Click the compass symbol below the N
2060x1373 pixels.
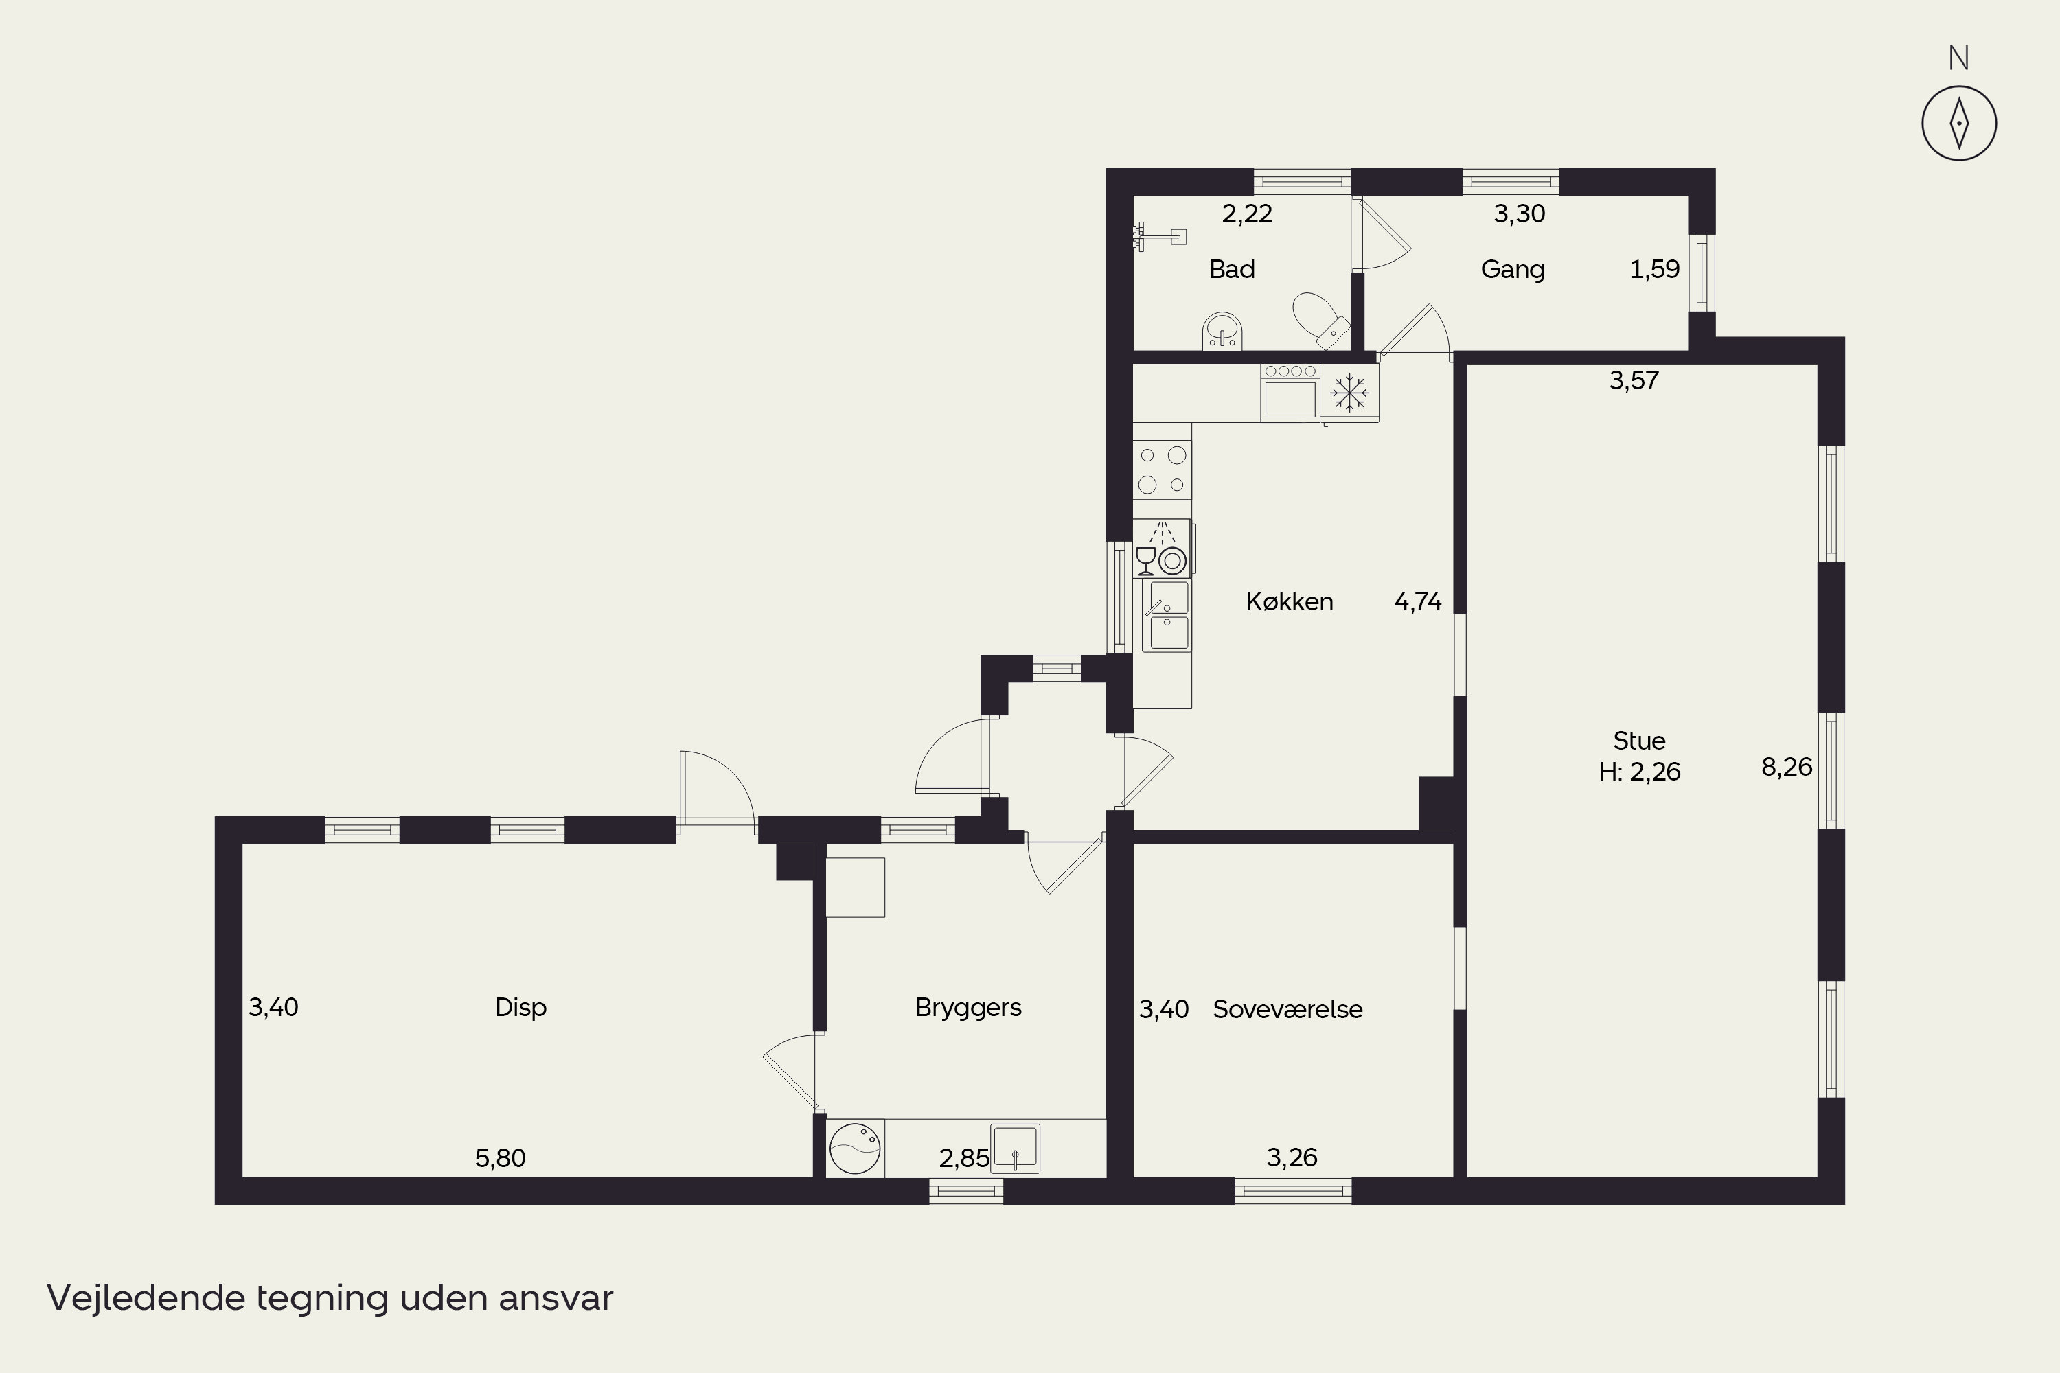coord(1958,124)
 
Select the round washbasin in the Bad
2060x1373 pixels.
coord(1222,330)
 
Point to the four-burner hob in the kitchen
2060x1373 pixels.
coord(1163,470)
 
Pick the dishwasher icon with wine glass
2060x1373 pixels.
coord(1163,548)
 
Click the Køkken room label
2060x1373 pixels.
coord(1290,601)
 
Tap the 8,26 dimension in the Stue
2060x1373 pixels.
coord(1787,767)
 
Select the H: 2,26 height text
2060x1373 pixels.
coord(1640,772)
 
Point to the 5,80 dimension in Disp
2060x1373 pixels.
coord(500,1159)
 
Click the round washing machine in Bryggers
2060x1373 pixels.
coord(855,1148)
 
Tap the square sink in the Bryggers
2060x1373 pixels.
coord(1015,1148)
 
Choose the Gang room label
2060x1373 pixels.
coord(1513,270)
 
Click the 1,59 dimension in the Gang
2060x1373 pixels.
coord(1654,270)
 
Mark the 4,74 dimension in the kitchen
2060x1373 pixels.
coord(1418,601)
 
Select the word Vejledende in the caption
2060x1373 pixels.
coord(146,1297)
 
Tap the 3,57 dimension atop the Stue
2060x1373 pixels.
coord(1634,380)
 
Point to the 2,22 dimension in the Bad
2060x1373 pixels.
coord(1247,214)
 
